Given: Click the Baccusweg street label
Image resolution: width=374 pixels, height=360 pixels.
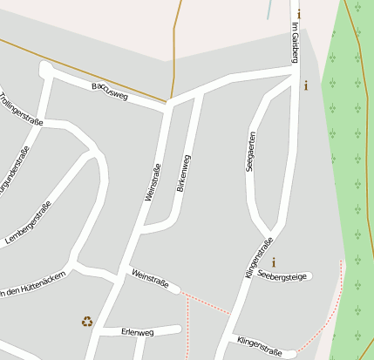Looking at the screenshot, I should (110, 92).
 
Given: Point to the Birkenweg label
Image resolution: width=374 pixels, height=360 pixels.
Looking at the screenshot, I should (183, 173).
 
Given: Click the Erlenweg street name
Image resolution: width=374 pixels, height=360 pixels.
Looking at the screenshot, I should (138, 332).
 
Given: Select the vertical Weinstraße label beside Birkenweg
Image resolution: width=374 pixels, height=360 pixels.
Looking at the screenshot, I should (153, 183).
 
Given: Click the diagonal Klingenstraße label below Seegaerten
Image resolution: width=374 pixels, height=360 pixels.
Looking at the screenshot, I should (260, 258).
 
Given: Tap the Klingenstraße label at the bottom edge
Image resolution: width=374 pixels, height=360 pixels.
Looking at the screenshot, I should (259, 347).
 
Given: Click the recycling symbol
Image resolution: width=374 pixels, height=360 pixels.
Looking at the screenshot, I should (87, 321).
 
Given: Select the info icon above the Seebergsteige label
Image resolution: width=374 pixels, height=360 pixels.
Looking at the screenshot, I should (274, 262).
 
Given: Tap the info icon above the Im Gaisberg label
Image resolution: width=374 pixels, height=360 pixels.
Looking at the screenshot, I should (299, 14).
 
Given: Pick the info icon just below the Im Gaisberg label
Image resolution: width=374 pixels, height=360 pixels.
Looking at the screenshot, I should (305, 85).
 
